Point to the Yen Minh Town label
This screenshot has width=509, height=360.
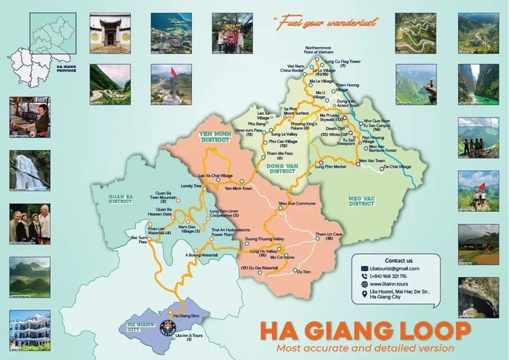238,188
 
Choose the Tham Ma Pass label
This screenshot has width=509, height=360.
270,154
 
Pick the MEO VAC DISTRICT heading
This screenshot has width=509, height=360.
362,201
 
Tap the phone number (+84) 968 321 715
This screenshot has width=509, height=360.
396,276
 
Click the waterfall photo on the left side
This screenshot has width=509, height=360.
30,170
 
